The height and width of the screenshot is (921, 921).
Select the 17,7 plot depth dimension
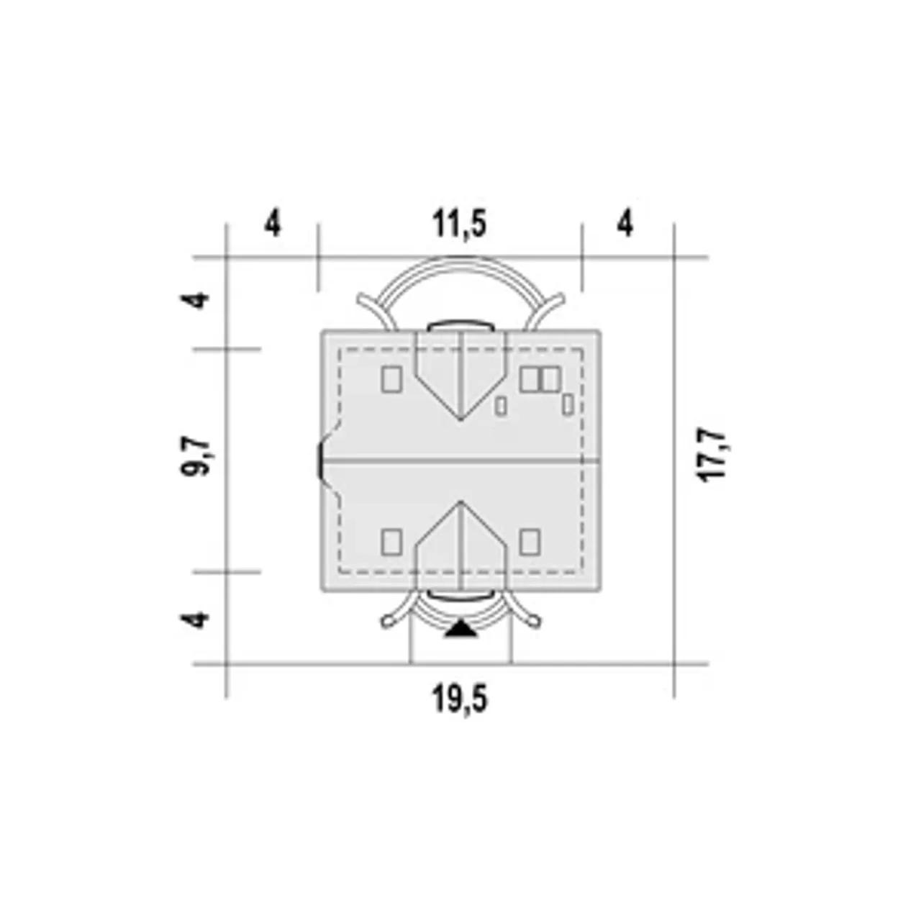[712, 453]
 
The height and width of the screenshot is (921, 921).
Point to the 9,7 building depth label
[195, 455]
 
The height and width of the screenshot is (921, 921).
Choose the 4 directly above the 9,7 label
[195, 301]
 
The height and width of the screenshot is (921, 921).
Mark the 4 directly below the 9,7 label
[195, 620]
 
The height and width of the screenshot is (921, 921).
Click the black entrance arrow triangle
[460, 629]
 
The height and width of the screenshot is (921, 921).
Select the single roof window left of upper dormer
[392, 379]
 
